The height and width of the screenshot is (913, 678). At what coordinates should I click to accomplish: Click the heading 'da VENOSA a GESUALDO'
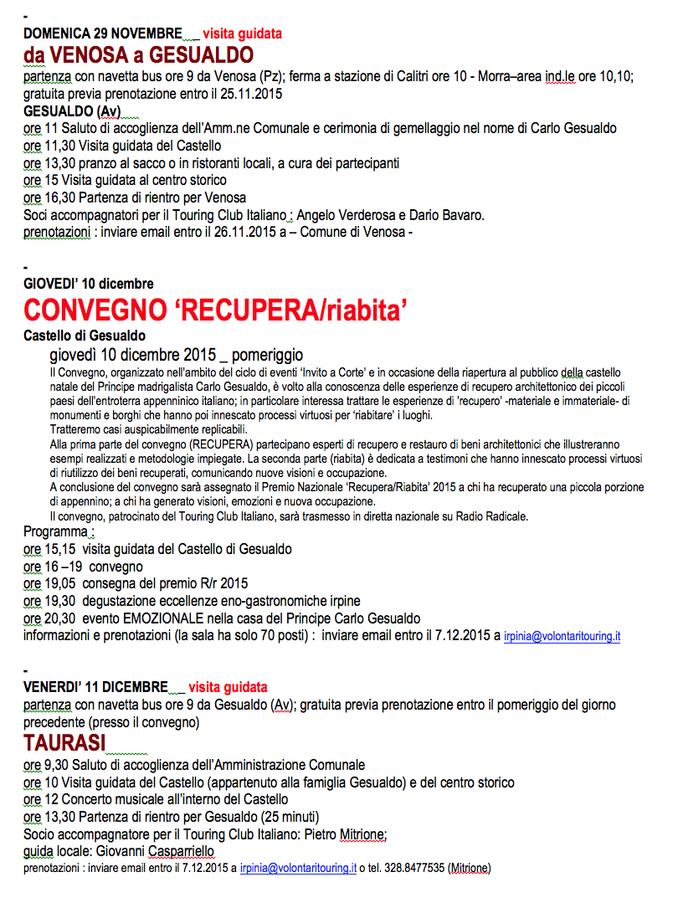pyautogui.click(x=138, y=55)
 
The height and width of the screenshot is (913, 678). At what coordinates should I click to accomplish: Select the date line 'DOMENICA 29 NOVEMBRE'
pyautogui.click(x=102, y=34)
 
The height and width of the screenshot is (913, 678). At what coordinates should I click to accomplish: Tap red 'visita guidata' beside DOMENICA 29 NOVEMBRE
pyautogui.click(x=242, y=34)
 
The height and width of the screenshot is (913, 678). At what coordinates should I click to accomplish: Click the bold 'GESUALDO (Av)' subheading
pyautogui.click(x=72, y=111)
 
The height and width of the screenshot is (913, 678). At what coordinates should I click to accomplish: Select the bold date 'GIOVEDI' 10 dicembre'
pyautogui.click(x=88, y=284)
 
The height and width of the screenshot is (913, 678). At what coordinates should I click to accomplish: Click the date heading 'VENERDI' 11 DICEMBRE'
pyautogui.click(x=94, y=687)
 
